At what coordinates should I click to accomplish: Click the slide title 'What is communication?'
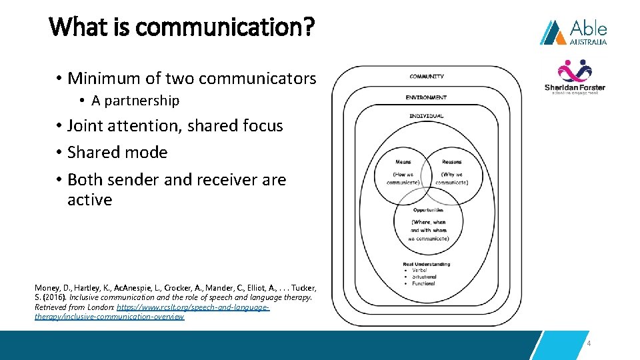coord(181,27)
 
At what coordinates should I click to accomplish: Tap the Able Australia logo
coord(573,32)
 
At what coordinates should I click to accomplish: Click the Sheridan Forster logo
coord(575,77)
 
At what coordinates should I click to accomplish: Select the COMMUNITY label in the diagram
coord(427,77)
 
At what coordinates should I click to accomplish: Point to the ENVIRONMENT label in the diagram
coord(426,97)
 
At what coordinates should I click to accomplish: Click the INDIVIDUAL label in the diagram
coord(427,116)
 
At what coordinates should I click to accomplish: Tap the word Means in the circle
coord(403,162)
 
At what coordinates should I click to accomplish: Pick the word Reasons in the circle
coord(451,162)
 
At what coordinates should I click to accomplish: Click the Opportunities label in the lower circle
coord(428,210)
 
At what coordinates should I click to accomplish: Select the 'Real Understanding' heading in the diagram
coord(427,265)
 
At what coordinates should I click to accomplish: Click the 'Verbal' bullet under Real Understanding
coord(420,271)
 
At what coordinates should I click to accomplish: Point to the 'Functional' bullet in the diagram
coord(423,283)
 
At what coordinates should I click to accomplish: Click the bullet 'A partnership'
coord(135,101)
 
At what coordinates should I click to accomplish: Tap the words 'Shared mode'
coord(117,152)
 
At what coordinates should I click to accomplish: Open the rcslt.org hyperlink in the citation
coord(193,307)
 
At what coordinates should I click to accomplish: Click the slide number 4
coord(589,343)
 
